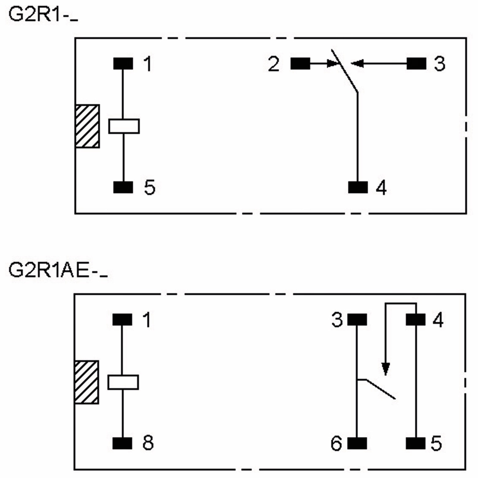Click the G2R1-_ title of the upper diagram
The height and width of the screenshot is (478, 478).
[x=43, y=14]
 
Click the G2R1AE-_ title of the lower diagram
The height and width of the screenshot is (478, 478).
[x=58, y=270]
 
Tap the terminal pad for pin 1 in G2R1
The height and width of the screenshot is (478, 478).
[x=123, y=64]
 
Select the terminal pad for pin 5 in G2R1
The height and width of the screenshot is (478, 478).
[x=123, y=187]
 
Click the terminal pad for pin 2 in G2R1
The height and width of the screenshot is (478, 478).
[x=300, y=64]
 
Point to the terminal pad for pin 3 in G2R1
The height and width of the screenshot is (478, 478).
[x=416, y=64]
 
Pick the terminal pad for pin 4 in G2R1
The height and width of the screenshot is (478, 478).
[x=358, y=187]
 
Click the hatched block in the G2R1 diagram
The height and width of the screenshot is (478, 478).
[x=87, y=126]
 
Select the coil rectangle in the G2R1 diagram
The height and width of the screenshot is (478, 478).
[x=124, y=126]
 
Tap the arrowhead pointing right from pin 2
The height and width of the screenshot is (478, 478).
[x=332, y=64]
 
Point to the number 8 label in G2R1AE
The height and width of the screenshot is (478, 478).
[x=148, y=443]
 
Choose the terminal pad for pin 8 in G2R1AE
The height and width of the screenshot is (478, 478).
[x=122, y=443]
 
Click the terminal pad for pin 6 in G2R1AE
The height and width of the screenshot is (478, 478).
[x=357, y=443]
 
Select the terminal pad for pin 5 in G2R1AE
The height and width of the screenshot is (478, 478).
[x=415, y=443]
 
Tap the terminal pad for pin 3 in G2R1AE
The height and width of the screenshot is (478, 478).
[x=357, y=320]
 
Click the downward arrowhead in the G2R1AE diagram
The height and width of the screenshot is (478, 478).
[x=385, y=369]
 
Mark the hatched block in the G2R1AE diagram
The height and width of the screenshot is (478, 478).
[x=86, y=382]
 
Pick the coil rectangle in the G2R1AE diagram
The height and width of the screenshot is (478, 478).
[x=123, y=382]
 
